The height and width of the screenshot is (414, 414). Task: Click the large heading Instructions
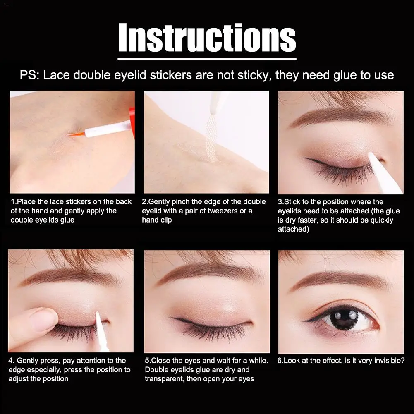pos(207,38)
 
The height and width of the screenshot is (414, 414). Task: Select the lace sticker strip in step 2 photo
pos(211,139)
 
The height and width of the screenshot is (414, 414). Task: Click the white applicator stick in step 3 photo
pos(385,174)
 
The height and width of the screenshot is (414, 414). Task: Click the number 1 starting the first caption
pos(13,202)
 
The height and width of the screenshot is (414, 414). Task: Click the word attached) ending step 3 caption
pos(293,229)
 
